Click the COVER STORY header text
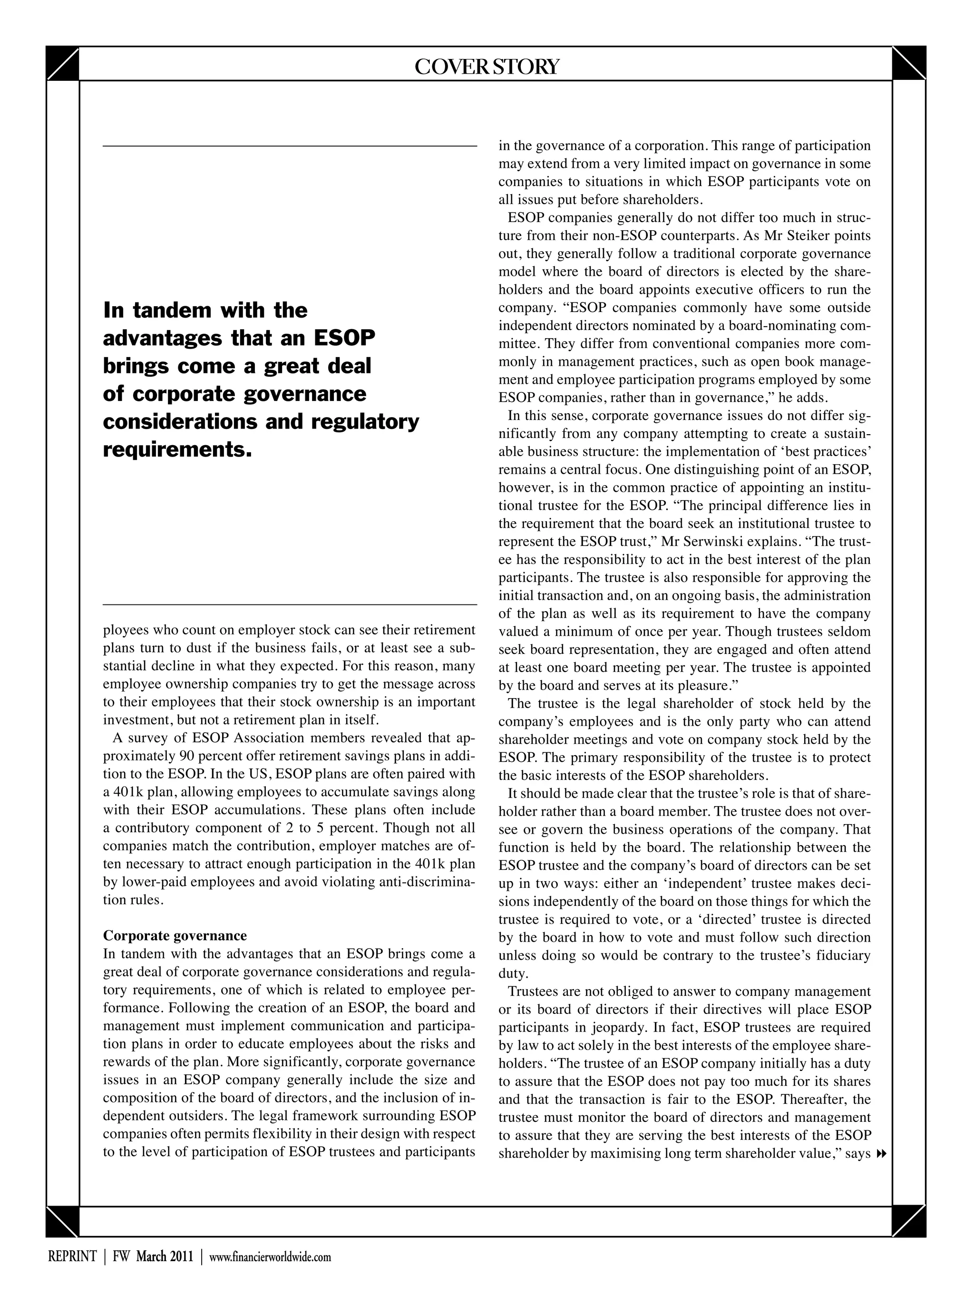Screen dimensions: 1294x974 click(x=486, y=67)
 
